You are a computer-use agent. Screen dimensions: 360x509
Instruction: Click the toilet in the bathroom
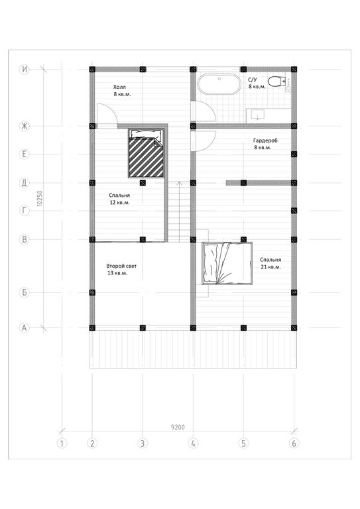coord(275,81)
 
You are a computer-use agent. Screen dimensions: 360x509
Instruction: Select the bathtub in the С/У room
coord(219,84)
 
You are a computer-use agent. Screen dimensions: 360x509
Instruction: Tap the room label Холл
coord(119,87)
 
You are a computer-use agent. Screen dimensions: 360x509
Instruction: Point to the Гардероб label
coord(265,141)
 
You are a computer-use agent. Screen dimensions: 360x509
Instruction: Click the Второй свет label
coord(121,266)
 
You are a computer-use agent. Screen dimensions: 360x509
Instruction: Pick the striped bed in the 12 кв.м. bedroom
coord(146,153)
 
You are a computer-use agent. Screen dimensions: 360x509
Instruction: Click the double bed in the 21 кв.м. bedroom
coord(227,263)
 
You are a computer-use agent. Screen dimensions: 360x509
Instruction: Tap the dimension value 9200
coord(178,427)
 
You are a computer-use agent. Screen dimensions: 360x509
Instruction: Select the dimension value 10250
coord(40,198)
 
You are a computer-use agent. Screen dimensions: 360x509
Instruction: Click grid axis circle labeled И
coord(25,69)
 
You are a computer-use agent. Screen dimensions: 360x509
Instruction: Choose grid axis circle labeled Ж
coord(25,126)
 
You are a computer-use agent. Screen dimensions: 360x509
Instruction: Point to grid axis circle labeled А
coord(25,328)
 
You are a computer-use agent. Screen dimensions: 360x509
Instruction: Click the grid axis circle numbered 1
coord(62,443)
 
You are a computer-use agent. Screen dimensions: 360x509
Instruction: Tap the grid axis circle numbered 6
coord(294,443)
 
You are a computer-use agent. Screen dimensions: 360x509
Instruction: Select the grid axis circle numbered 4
coord(193,443)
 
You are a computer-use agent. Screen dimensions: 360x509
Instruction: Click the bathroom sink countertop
coord(269,115)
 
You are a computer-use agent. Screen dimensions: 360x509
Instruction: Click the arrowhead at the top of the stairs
coord(178,183)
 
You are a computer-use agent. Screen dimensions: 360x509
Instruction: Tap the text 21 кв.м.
coord(270,267)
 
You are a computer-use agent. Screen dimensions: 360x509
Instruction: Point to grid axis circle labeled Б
coord(25,292)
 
